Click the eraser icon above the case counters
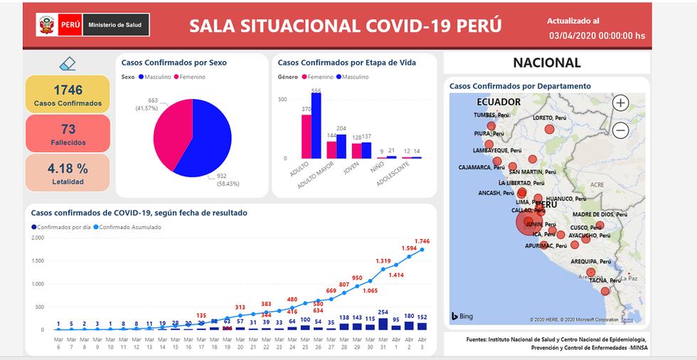tap(68, 64)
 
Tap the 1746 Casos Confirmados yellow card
tap(68, 95)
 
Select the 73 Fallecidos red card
tap(68, 133)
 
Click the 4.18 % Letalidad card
tap(68, 173)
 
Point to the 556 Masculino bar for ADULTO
tap(316, 127)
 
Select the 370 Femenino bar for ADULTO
tap(307, 137)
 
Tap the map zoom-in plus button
tap(620, 103)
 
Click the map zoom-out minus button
tap(620, 130)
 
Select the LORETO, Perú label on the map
tap(552, 118)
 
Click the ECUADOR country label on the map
tap(499, 102)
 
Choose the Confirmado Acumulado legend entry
tap(130, 227)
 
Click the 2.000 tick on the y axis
tap(38, 238)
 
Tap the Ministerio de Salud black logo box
tap(115, 26)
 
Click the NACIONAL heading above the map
tap(546, 63)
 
